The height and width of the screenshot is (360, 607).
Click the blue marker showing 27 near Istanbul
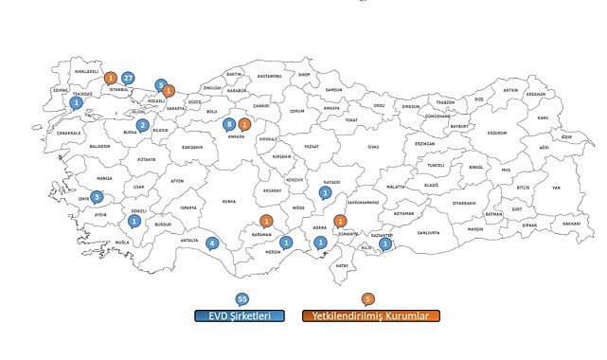(x=128, y=78)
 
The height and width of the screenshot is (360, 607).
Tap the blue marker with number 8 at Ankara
(x=228, y=124)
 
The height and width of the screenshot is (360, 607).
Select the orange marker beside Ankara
(x=244, y=124)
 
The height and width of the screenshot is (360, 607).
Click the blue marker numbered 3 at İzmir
(x=97, y=197)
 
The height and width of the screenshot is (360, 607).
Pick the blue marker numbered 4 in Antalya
(x=212, y=243)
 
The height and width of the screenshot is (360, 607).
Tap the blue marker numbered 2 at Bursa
(x=143, y=125)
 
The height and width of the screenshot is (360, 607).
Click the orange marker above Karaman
(x=267, y=221)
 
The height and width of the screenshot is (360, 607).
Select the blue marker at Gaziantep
(x=384, y=243)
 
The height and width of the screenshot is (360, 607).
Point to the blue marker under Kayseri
(x=325, y=192)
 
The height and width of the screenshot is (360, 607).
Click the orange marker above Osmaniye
(x=340, y=221)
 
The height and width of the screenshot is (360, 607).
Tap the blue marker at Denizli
(x=134, y=220)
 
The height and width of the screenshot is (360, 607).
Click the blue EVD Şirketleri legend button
(x=241, y=316)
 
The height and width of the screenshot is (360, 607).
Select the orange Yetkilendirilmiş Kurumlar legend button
(x=370, y=316)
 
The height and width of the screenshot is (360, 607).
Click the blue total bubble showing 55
(x=242, y=298)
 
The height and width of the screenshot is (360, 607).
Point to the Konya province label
(x=228, y=201)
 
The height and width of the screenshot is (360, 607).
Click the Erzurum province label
(x=497, y=133)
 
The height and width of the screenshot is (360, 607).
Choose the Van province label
(x=557, y=188)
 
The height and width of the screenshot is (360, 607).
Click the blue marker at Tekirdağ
(x=77, y=102)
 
